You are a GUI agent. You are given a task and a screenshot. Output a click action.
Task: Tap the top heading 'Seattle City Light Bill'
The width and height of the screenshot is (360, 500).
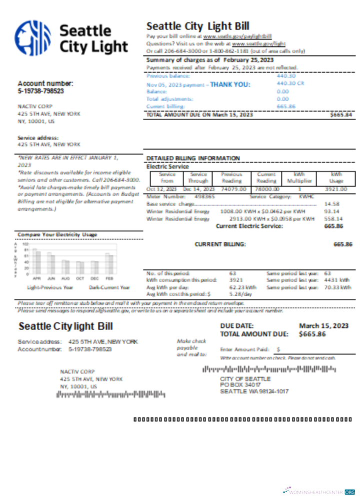[x=198, y=26]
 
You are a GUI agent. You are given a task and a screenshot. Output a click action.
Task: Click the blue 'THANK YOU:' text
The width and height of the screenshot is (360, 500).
[x=230, y=84]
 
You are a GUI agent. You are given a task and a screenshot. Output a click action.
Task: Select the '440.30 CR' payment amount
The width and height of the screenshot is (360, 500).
[x=290, y=83]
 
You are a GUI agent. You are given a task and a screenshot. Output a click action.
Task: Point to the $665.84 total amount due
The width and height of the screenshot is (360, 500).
[x=341, y=115]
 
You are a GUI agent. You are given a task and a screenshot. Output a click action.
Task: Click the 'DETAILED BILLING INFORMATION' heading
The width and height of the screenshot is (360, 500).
[x=193, y=158]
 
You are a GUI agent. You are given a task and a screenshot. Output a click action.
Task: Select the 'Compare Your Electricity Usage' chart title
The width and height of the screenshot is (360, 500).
[x=57, y=234]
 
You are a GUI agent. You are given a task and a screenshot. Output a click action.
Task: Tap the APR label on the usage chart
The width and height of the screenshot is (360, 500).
[x=36, y=278]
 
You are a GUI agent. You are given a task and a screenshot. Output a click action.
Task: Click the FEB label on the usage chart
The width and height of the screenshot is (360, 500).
[x=109, y=278]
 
